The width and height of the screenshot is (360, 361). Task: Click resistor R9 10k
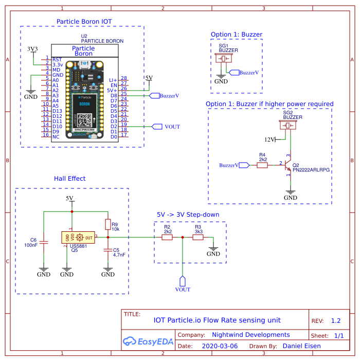click(107, 225)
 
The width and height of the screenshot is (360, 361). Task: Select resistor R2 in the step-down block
click(167, 237)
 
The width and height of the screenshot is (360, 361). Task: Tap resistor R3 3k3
click(198, 237)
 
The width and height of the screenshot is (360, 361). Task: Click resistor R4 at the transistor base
click(262, 165)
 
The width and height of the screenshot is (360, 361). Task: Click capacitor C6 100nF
click(44, 241)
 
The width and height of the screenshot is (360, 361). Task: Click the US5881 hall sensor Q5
click(78, 237)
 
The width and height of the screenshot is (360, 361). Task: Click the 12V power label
click(269, 139)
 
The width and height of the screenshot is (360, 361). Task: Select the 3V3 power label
click(32, 49)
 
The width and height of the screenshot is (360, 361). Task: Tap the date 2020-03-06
click(220, 346)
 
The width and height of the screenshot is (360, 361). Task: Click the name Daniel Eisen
click(301, 346)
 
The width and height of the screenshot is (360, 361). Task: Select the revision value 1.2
click(335, 320)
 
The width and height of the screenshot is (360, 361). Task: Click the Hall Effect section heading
click(69, 179)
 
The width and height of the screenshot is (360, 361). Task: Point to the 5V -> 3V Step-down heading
click(188, 215)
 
